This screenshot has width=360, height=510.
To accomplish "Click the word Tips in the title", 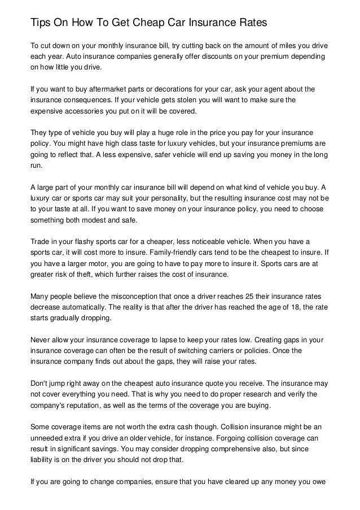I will [x=41, y=23].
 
